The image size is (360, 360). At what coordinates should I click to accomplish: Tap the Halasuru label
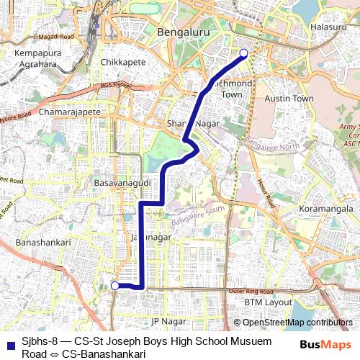click(328, 27)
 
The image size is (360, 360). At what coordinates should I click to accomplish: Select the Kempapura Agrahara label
click(34, 59)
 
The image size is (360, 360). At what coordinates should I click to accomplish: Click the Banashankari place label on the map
click(43, 243)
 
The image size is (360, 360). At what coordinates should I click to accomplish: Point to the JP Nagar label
click(164, 320)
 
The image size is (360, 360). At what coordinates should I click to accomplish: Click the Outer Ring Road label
click(252, 290)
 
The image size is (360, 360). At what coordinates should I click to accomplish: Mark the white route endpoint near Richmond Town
click(243, 53)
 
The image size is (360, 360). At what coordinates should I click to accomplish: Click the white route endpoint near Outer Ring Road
click(114, 286)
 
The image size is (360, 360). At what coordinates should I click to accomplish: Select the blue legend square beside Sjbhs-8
click(7, 341)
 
